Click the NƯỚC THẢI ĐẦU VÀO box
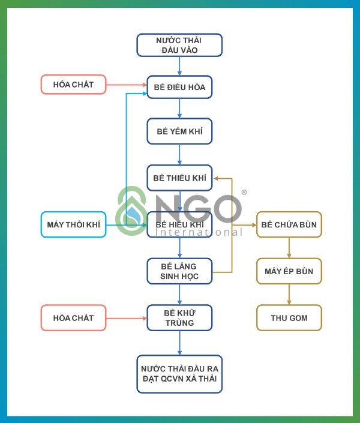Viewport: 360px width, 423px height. pos(179,45)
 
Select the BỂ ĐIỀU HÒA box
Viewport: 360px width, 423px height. pos(179,87)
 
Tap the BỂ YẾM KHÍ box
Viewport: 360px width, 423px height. pos(179,131)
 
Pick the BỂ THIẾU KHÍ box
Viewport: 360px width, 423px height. pos(179,178)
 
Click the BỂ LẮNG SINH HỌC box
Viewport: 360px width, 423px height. pos(179,271)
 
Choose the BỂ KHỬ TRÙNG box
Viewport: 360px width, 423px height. pos(179,317)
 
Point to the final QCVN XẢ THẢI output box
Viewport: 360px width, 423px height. pos(179,374)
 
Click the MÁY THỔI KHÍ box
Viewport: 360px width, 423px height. pos(73,225)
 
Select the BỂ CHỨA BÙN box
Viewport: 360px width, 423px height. pos(289,225)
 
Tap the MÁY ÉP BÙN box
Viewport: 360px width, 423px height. pos(289,271)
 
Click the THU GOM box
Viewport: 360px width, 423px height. pos(289,317)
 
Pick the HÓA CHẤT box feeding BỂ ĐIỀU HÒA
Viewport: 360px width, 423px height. pos(73,85)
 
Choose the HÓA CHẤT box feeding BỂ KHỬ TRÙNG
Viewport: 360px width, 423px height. pos(73,317)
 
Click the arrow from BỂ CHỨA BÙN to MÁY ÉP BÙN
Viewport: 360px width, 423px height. pos(289,248)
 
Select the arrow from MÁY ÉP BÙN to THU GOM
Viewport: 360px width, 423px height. pos(289,295)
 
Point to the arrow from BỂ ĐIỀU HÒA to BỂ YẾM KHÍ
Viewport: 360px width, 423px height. pos(179,109)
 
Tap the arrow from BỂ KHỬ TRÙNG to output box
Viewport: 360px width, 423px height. pos(179,343)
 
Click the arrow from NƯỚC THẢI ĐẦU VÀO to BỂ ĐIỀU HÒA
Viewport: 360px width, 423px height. pos(179,66)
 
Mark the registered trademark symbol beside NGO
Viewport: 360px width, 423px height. pos(244,193)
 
